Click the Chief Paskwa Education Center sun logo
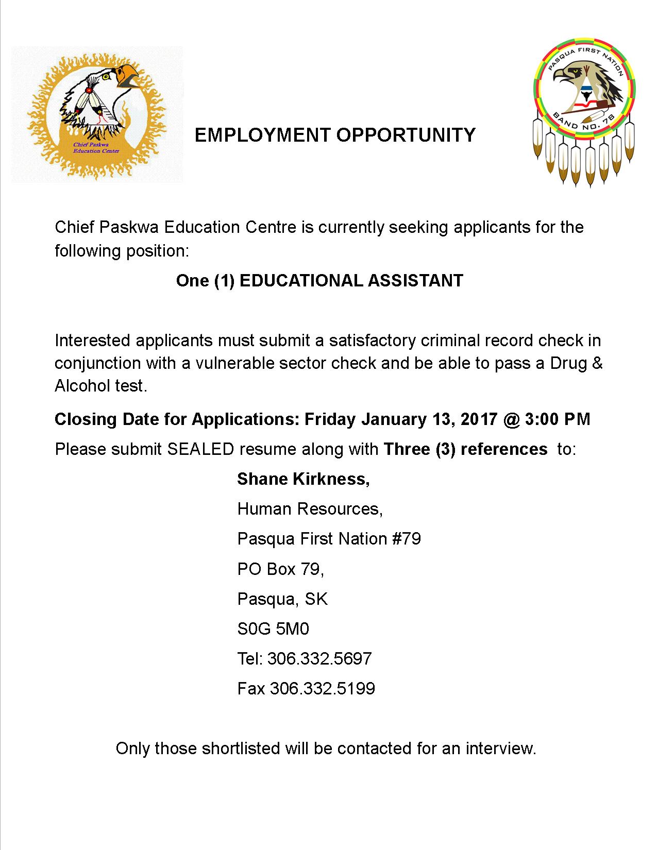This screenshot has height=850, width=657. point(97,115)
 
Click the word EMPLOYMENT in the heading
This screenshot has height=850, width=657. point(262,135)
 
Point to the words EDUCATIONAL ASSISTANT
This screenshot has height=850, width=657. point(351,281)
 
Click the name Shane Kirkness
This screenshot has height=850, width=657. point(303,480)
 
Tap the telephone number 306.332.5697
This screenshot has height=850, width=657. point(319,659)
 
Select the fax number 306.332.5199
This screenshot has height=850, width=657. point(323,689)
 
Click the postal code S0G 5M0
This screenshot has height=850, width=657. point(273,629)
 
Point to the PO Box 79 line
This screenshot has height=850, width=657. point(280,569)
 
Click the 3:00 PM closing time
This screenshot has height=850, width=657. point(558,419)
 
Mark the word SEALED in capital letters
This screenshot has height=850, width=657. point(201,449)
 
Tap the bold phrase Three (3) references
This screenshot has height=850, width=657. point(465,449)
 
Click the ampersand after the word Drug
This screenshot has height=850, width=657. point(597,363)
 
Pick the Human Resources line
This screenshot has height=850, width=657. point(310,509)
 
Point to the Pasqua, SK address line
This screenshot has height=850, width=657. point(282,599)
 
